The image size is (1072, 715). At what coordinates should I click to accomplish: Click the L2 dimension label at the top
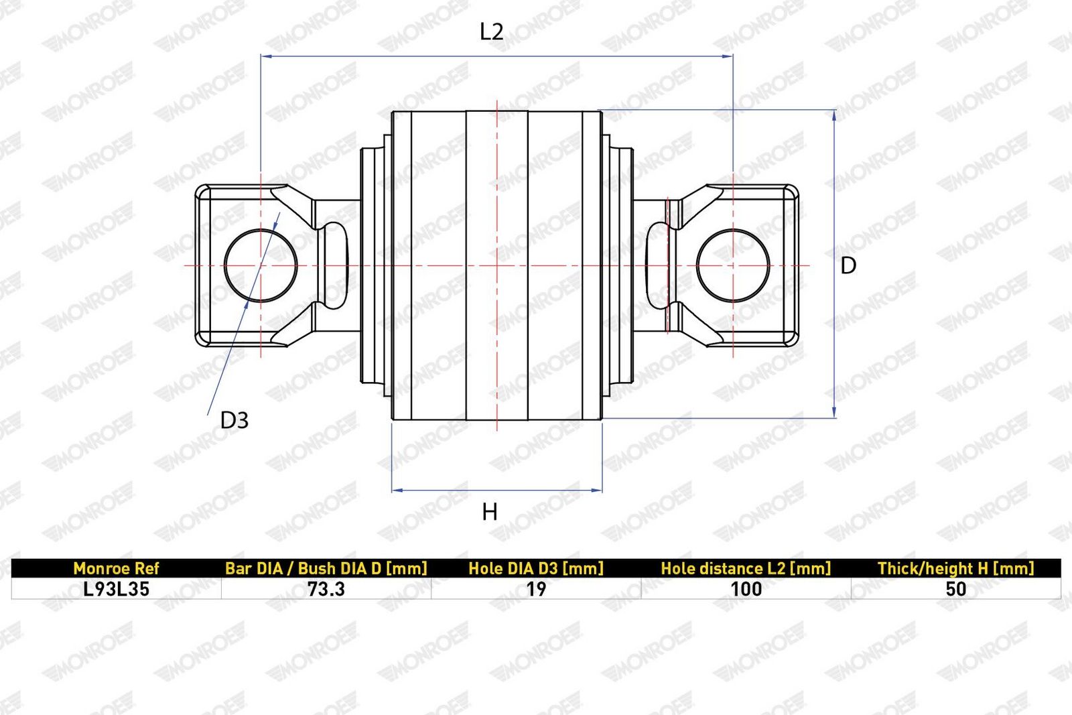[x=492, y=32]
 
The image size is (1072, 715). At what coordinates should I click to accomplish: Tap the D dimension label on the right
[x=848, y=265]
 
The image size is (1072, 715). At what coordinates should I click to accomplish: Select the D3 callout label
[x=234, y=420]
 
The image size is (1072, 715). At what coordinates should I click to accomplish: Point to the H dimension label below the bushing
[x=490, y=512]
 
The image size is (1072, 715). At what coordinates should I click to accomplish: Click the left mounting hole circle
[x=224, y=265]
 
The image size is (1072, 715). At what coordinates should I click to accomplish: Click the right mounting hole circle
[x=697, y=265]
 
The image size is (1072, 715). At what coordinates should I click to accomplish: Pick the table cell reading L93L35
[x=117, y=589]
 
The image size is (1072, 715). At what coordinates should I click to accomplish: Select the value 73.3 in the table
[x=326, y=589]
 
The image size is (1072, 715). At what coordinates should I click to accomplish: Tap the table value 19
[x=536, y=589]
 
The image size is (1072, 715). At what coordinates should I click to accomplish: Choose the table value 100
[x=746, y=589]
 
